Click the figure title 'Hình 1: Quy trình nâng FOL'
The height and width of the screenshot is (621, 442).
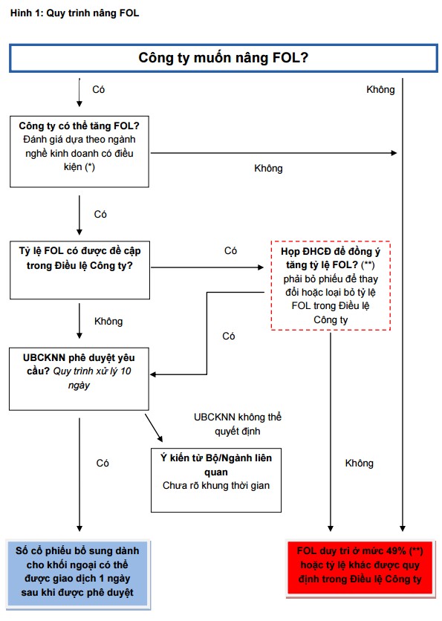tap(74, 13)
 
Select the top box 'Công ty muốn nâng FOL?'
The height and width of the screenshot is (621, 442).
tap(224, 58)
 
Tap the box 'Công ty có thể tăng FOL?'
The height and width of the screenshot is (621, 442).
tap(79, 152)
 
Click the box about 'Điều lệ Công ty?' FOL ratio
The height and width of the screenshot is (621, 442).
tap(79, 270)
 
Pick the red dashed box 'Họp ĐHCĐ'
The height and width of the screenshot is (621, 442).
tap(331, 285)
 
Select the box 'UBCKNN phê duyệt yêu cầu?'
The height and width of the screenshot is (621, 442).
tap(79, 379)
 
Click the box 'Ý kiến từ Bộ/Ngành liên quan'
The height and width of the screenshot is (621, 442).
tap(216, 480)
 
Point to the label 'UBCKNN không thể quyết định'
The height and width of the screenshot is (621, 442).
tap(237, 423)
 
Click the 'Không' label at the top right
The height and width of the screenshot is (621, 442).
tap(380, 89)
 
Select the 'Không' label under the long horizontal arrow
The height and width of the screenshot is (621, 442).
tap(268, 169)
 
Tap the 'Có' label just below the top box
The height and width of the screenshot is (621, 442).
tap(98, 89)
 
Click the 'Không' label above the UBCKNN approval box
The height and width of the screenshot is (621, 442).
tap(108, 321)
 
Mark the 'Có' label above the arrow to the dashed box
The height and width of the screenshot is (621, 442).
tap(230, 250)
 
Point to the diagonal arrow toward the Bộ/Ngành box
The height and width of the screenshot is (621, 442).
tap(154, 428)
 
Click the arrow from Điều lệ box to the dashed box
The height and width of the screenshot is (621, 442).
tap(207, 267)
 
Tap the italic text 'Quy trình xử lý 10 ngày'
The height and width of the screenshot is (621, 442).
tap(92, 378)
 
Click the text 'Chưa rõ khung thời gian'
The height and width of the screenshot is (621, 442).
tap(216, 486)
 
